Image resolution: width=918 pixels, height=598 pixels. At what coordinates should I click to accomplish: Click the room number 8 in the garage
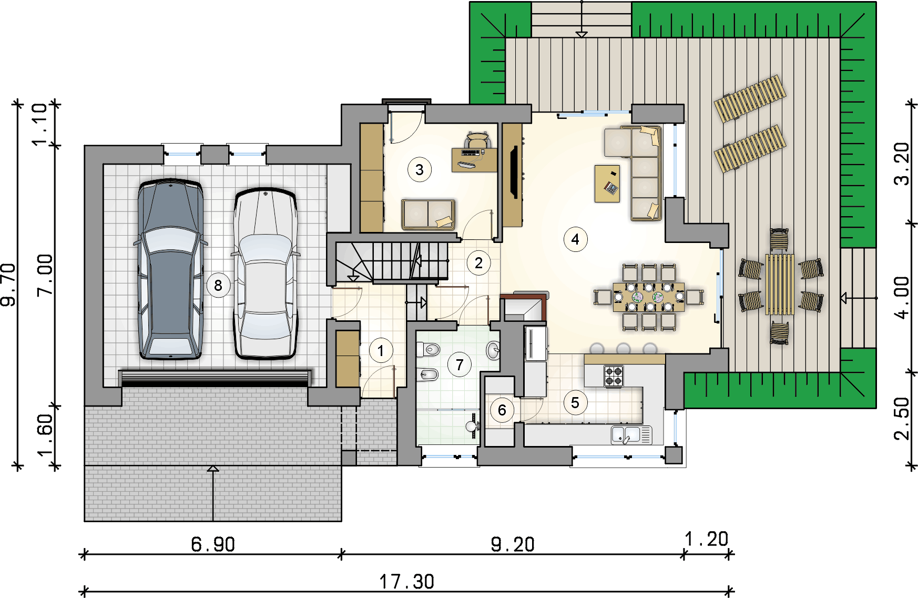[218, 286]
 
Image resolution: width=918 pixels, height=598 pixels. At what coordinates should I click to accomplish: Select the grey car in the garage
[170, 269]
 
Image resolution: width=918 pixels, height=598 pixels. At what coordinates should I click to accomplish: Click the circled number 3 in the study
[420, 170]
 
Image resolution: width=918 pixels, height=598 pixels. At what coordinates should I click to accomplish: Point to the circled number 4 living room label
[575, 239]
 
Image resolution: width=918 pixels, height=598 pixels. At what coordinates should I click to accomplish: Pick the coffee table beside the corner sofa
[607, 184]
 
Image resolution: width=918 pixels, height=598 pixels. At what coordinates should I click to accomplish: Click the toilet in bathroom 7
[429, 349]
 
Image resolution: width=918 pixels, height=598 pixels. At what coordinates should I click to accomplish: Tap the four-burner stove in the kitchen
[613, 376]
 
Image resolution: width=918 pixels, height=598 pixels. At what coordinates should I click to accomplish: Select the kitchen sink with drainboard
[631, 435]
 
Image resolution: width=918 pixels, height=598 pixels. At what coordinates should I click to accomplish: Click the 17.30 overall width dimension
[407, 582]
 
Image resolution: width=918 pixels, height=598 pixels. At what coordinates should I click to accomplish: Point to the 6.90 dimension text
[213, 544]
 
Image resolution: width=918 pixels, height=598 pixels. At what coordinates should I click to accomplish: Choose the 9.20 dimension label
[513, 544]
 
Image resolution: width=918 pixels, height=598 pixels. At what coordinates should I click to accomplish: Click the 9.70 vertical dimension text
[9, 285]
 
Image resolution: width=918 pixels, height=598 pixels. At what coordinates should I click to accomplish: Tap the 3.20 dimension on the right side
[902, 164]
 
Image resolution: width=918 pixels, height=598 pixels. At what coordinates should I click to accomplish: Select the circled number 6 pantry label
[502, 410]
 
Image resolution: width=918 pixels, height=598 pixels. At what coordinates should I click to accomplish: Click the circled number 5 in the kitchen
[575, 403]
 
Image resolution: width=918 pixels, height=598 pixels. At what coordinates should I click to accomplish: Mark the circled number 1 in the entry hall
[381, 350]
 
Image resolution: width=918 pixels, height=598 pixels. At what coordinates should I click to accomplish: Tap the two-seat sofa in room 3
[429, 214]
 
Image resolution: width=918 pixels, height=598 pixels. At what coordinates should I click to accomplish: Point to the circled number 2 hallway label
[478, 262]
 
